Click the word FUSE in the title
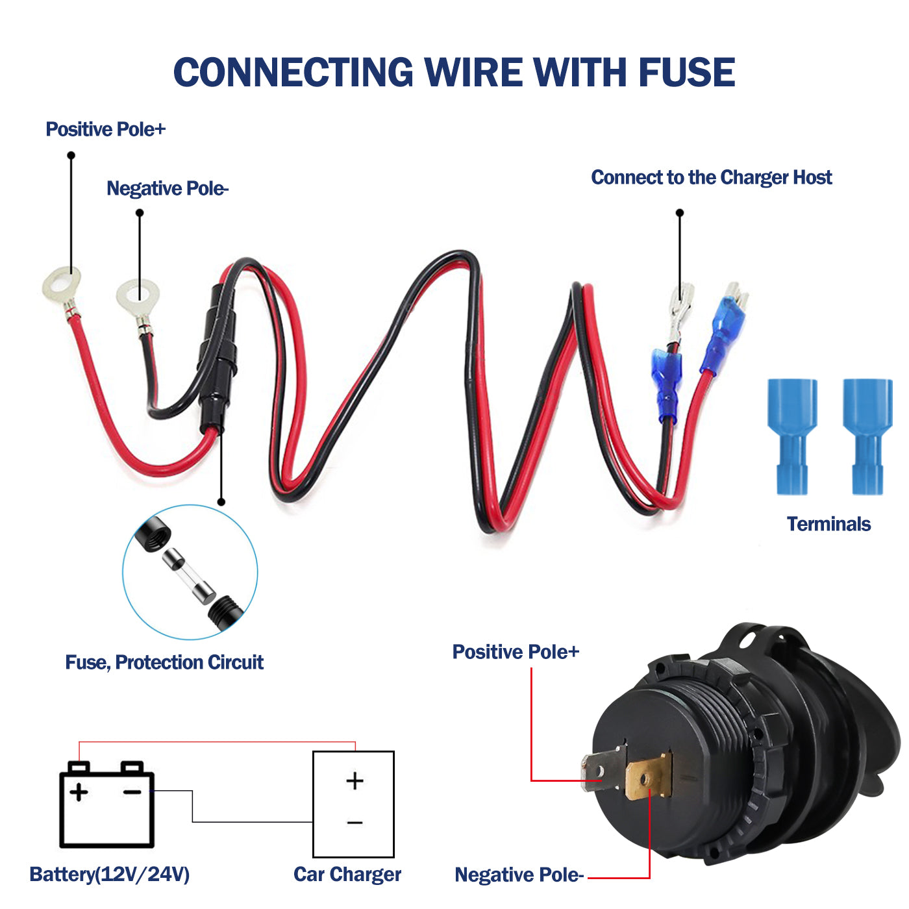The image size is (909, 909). pos(686,72)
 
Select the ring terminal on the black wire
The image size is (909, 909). pos(137,296)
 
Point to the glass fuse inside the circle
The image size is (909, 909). pos(188,574)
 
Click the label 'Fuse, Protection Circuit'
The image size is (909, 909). pos(164,662)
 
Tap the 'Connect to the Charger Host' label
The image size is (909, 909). pos(711,177)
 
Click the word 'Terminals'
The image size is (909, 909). pos(828,524)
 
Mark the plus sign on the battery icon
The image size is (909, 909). pos(79,792)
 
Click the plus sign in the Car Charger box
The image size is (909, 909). pos(355,780)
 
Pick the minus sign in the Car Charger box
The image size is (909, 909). pos(355,823)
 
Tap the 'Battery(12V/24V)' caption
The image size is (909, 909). pos(110,875)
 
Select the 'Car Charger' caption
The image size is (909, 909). pos(347,875)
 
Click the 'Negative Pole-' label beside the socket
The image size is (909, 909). pos(519,875)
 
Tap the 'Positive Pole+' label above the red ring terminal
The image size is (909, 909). pos(105,129)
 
